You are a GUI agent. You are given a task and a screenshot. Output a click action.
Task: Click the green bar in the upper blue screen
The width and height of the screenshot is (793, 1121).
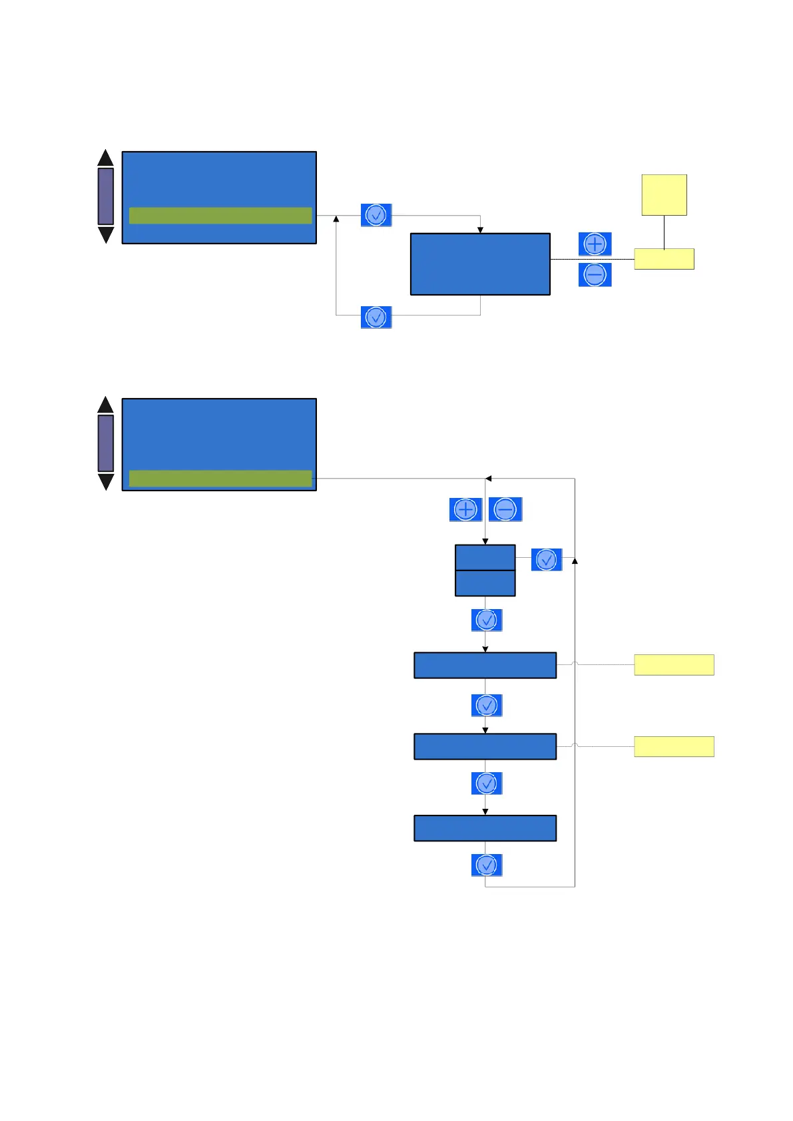click(220, 216)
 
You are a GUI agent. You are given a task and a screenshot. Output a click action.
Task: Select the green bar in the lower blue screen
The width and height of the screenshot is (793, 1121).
click(220, 478)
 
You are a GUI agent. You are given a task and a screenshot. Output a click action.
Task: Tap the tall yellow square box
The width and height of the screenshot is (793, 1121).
click(664, 195)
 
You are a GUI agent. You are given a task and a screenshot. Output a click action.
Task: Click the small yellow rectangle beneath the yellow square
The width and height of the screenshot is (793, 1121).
click(664, 259)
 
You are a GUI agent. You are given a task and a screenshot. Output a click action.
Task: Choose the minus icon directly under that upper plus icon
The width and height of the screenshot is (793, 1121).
click(595, 275)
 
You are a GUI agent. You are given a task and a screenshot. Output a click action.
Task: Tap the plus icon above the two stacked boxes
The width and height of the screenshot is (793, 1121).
click(465, 510)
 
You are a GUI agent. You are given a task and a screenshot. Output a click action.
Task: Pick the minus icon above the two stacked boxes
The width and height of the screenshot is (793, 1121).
click(505, 510)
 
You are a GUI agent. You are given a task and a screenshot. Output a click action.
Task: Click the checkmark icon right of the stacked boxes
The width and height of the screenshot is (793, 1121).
click(546, 560)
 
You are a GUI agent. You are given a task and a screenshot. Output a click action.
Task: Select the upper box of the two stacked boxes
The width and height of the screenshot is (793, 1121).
click(485, 558)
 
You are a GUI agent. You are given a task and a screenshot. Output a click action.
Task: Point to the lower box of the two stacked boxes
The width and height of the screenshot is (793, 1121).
click(485, 583)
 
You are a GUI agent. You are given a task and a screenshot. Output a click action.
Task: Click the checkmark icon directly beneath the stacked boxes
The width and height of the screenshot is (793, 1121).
click(487, 620)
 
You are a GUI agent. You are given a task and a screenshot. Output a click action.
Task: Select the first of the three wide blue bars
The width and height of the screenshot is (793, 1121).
click(485, 665)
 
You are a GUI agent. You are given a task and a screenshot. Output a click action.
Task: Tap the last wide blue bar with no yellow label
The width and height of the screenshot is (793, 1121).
click(485, 828)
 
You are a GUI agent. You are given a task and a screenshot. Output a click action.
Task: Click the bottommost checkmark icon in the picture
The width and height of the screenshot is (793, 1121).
click(487, 865)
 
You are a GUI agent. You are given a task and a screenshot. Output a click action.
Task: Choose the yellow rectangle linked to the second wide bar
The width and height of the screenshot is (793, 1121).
click(674, 747)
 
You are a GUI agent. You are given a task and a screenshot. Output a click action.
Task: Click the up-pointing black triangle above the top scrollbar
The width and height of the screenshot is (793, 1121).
click(105, 158)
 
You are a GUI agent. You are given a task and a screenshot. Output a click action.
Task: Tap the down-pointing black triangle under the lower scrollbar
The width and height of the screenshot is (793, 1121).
click(105, 481)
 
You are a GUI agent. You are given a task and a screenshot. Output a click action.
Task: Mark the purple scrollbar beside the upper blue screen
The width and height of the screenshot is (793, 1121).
click(105, 196)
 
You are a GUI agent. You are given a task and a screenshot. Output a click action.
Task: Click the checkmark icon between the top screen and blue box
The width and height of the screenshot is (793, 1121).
click(376, 216)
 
